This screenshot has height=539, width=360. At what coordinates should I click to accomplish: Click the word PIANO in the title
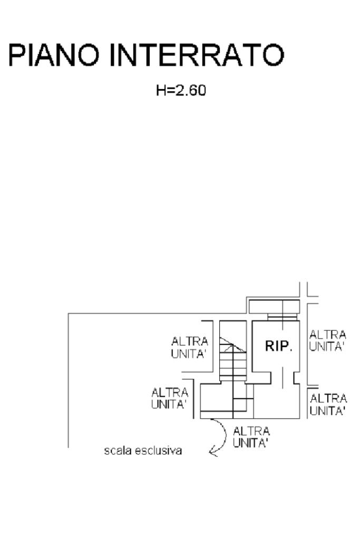[x=53, y=54]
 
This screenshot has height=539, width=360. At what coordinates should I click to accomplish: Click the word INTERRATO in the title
[x=197, y=54]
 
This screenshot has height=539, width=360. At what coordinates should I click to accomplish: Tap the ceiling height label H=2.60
[x=181, y=91]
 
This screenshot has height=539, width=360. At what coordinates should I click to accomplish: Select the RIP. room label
[x=278, y=346]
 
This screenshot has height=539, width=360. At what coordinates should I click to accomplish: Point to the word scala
[x=118, y=450]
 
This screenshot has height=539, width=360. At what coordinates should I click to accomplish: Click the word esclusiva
[x=158, y=450]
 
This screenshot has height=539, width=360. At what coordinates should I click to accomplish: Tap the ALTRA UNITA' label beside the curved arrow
[x=251, y=437]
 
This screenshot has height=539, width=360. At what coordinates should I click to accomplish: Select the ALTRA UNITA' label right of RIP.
[x=327, y=341]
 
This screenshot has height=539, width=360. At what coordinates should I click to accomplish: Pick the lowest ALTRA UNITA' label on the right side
[x=328, y=405]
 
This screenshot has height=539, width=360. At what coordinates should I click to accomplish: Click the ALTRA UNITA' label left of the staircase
[x=190, y=348]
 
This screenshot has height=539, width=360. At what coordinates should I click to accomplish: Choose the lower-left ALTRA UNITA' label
[x=170, y=398]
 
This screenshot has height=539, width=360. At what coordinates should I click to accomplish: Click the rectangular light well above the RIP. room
[x=274, y=307]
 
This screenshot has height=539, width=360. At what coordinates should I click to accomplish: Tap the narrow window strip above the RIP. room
[x=283, y=317]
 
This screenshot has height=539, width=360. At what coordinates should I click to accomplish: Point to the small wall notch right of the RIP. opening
[x=296, y=378]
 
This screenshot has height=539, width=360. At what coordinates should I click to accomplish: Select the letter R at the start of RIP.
[x=270, y=346]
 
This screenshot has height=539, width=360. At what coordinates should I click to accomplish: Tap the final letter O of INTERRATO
[x=273, y=54]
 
